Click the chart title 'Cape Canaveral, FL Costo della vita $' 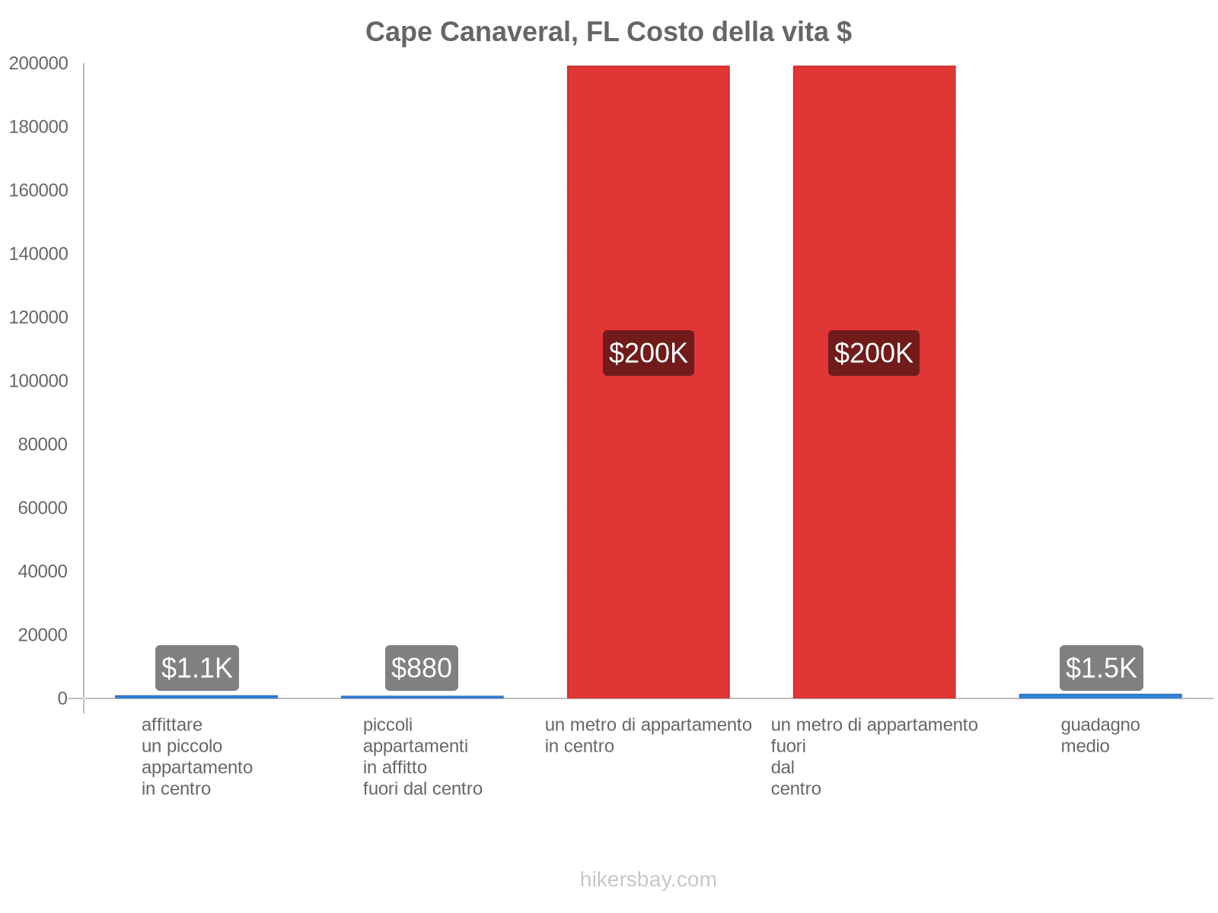point(608,32)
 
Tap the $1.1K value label point(197,668)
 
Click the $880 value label point(422,668)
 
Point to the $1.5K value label point(1101,668)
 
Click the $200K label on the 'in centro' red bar point(649,353)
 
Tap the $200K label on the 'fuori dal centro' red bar point(874,353)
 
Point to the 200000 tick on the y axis point(38,64)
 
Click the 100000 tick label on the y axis point(38,381)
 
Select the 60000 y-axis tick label point(43,508)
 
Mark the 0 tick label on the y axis point(62,698)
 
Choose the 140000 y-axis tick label point(38,254)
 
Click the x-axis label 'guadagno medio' point(1100,736)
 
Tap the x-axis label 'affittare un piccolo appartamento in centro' point(196,756)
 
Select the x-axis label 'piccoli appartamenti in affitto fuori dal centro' point(422,756)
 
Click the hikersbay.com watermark point(648,880)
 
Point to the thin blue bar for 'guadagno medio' point(1100,695)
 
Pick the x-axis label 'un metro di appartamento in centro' point(648,736)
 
